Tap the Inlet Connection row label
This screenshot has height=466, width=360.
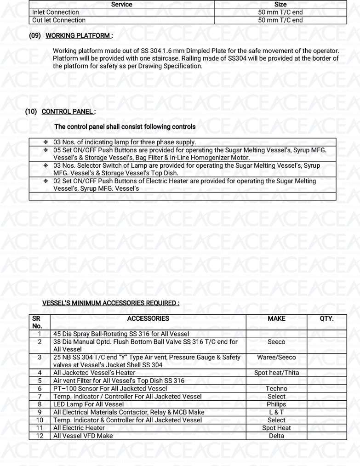[x=56, y=12]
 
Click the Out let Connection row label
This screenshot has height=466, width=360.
[x=59, y=20]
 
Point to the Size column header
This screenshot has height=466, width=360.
[x=280, y=5]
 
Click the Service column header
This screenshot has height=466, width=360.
[x=122, y=5]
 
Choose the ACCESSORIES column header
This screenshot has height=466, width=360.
[x=148, y=318]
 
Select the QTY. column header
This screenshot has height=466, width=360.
[x=326, y=318]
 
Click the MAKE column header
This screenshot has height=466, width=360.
[x=276, y=318]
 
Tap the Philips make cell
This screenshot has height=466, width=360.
[x=276, y=404]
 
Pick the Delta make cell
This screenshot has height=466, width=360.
[x=276, y=436]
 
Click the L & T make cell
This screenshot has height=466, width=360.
[x=276, y=412]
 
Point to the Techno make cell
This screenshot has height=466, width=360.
[x=276, y=389]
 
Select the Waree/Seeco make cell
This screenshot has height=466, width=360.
[x=276, y=358]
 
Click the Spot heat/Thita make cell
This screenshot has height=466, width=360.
[x=276, y=373]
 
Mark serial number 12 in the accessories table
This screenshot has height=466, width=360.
[x=40, y=436]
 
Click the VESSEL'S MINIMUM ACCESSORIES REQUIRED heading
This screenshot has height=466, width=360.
[x=110, y=303]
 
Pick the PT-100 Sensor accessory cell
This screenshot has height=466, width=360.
[x=110, y=389]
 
